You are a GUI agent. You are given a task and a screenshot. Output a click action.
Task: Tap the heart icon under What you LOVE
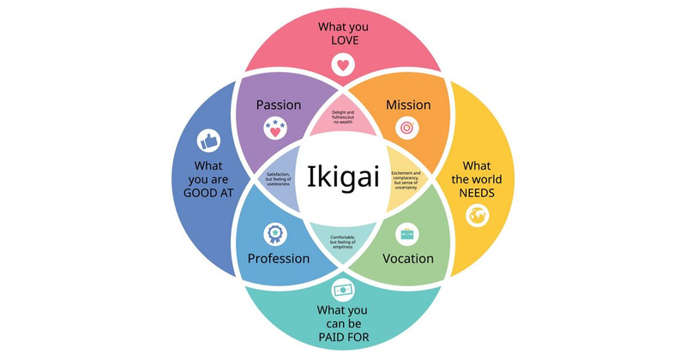342,64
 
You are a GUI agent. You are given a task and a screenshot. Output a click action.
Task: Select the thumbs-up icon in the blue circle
209,140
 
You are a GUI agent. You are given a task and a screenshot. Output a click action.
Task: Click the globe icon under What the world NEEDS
477,216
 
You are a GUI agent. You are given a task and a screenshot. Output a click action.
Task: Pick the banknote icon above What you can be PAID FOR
343,290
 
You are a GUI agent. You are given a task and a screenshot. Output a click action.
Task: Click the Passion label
279,105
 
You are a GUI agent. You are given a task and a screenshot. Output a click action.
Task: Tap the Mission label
408,105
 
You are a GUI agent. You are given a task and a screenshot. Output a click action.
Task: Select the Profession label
279,258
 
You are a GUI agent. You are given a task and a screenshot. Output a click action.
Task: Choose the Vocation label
408,258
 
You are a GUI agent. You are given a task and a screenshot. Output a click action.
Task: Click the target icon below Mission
407,129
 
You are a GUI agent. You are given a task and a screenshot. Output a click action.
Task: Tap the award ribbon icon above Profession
276,232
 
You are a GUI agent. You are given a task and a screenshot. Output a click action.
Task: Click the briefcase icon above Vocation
408,233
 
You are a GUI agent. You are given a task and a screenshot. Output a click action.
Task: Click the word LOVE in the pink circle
343,40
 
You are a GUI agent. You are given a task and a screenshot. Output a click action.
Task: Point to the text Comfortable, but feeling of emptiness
343,240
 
